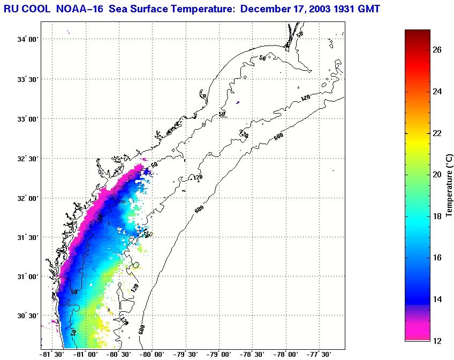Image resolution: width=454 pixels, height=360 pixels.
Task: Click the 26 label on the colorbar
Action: coord(437,50)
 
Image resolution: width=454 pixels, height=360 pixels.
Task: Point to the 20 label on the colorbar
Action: coord(437,175)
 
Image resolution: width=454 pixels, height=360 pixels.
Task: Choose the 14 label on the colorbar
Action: coord(437,299)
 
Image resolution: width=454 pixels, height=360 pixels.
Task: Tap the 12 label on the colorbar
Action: coord(437,340)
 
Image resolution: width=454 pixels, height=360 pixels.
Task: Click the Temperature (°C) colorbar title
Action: coord(449,185)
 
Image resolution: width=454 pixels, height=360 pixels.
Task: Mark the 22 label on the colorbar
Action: coord(437,133)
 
